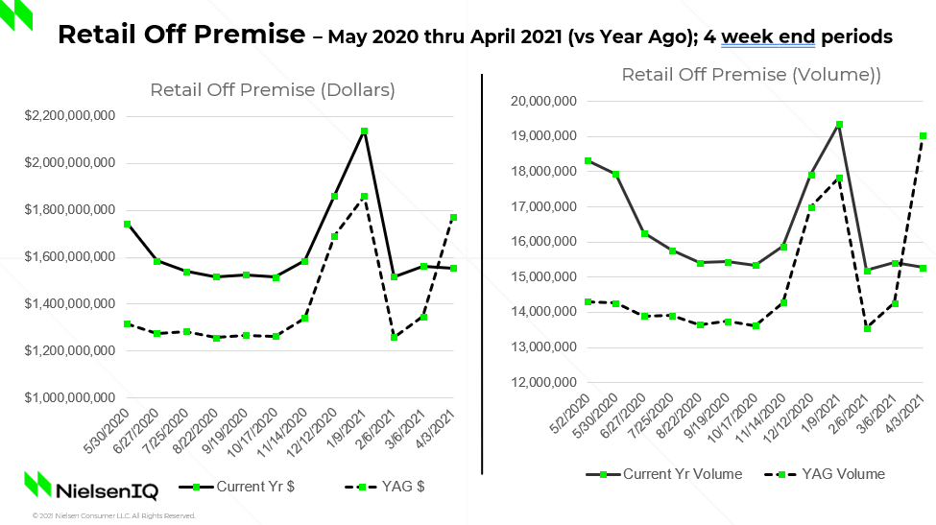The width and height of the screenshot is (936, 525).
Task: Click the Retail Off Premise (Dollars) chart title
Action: [x=273, y=90]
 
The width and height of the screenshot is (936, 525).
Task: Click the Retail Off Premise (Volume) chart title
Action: [x=751, y=75]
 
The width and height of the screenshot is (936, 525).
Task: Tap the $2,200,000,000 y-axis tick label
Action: [x=68, y=116]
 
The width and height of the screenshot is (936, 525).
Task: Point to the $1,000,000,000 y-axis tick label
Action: [x=68, y=397]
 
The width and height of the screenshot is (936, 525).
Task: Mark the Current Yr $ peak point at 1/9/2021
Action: [x=365, y=131]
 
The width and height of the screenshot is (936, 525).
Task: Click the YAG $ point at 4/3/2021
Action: [x=454, y=218]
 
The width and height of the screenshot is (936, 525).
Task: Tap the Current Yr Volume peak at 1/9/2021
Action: [x=839, y=125]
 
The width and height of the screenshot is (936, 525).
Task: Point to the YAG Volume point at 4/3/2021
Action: [x=924, y=136]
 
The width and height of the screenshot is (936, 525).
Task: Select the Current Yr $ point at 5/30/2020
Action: [x=127, y=224]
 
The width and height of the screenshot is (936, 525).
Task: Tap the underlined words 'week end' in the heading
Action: [x=768, y=37]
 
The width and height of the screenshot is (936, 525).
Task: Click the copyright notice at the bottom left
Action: [x=113, y=515]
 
